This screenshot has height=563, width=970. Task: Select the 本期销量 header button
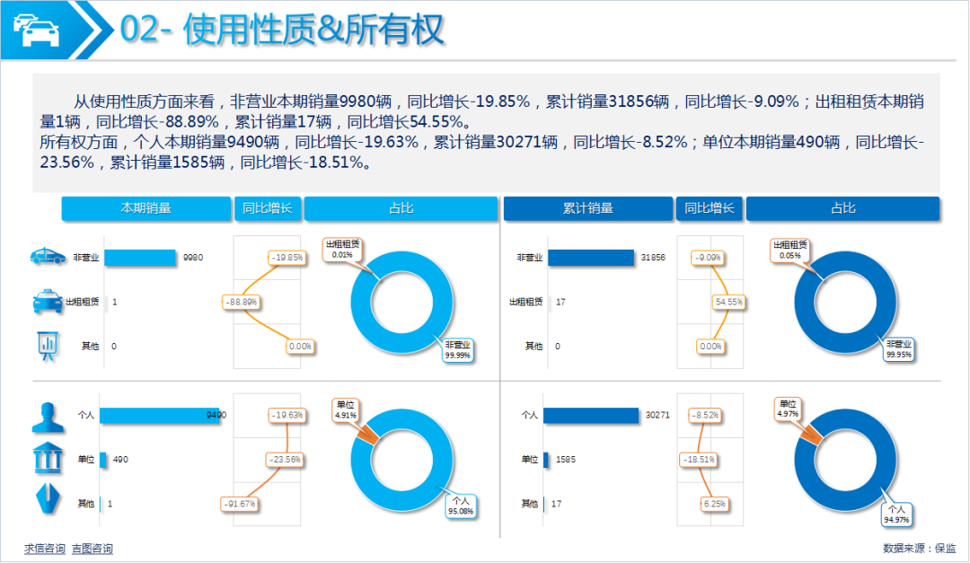pyautogui.click(x=145, y=208)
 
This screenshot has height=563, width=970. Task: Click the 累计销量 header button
pyautogui.click(x=588, y=208)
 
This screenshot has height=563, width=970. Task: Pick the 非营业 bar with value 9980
pyautogui.click(x=140, y=258)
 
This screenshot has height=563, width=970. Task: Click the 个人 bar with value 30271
pyautogui.click(x=592, y=415)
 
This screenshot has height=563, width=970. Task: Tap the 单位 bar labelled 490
pyautogui.click(x=103, y=460)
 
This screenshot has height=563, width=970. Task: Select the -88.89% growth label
pyautogui.click(x=242, y=303)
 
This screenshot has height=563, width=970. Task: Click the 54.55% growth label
pyautogui.click(x=728, y=303)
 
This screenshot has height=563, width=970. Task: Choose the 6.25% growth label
pyautogui.click(x=715, y=504)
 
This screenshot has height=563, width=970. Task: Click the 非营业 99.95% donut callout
pyautogui.click(x=898, y=349)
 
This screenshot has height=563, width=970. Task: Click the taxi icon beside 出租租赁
pyautogui.click(x=47, y=302)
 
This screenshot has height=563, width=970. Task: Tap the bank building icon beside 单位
pyautogui.click(x=47, y=458)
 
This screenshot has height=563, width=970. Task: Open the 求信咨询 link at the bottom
pyautogui.click(x=45, y=549)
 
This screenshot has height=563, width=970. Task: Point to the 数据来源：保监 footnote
pyautogui.click(x=920, y=548)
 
